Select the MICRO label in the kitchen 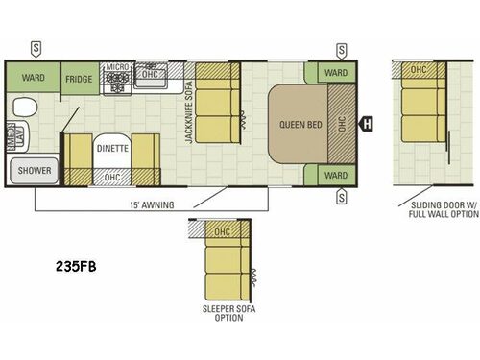click(x=117, y=68)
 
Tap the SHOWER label click(x=33, y=171)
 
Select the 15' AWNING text click(x=123, y=203)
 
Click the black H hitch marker click(x=366, y=123)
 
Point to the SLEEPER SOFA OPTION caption click(x=224, y=313)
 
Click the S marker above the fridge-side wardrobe click(x=36, y=47)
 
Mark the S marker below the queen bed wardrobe click(x=341, y=198)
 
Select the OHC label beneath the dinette click(x=112, y=178)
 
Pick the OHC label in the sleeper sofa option click(x=222, y=231)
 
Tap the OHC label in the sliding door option click(x=418, y=70)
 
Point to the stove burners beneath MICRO click(x=119, y=85)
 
